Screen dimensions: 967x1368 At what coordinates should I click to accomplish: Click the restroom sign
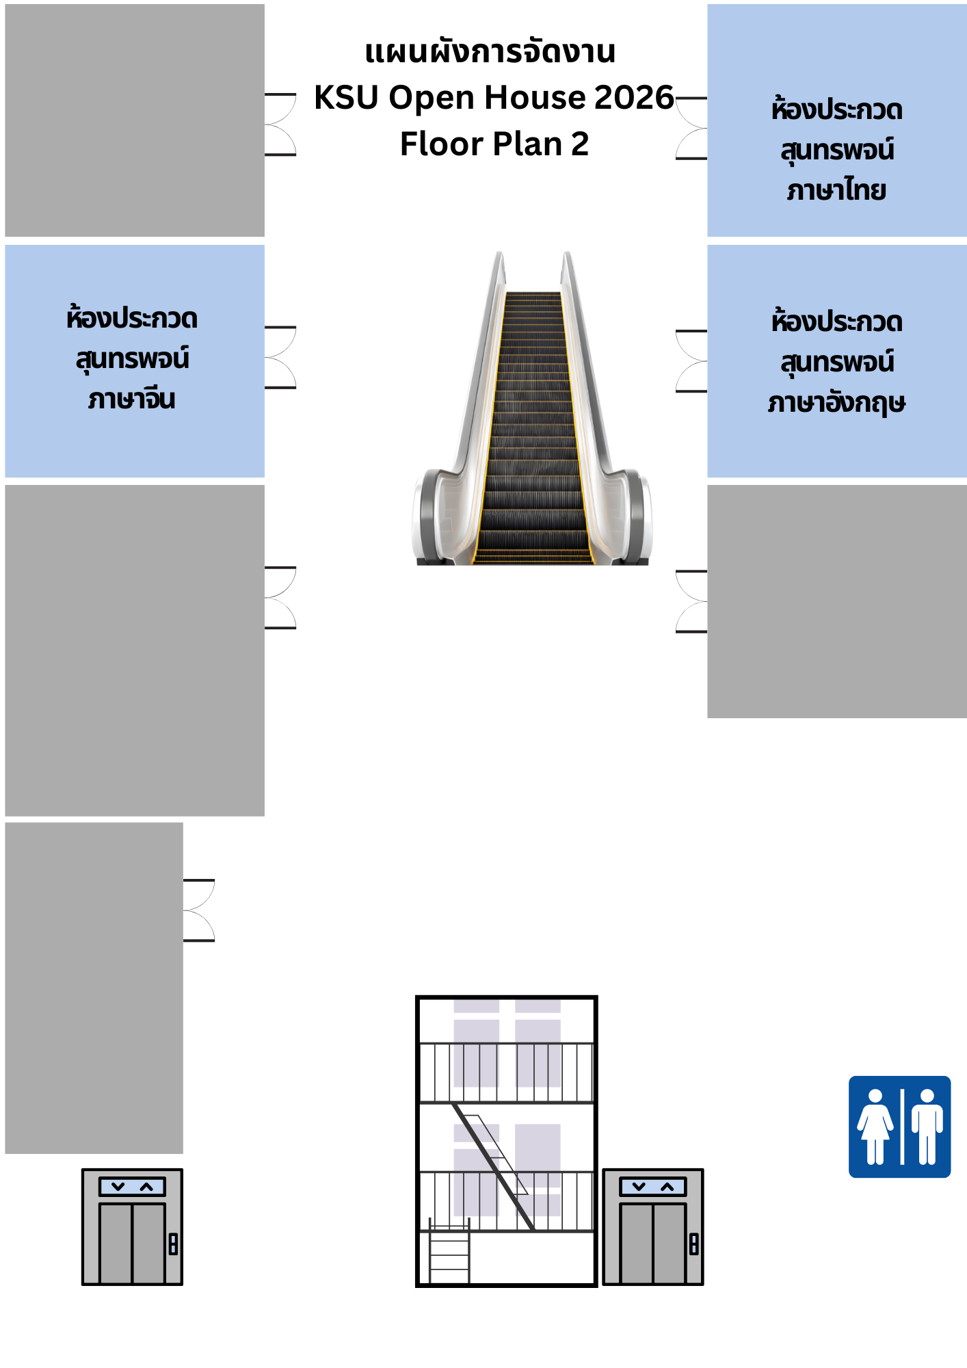[x=899, y=1127]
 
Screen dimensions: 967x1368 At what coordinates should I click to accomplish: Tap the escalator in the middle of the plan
[x=532, y=408]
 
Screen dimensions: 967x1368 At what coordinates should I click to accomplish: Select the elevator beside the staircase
[x=653, y=1227]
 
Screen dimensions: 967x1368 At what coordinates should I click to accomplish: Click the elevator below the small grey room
[x=132, y=1227]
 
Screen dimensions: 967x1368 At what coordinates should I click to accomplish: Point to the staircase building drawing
[x=507, y=1141]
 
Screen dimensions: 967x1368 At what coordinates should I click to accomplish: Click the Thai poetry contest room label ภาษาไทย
[x=836, y=190]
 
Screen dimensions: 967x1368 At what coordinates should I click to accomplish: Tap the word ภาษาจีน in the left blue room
[x=132, y=399]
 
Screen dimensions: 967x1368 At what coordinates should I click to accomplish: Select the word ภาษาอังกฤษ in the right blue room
[x=836, y=402]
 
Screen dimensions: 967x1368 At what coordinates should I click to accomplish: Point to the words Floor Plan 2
[x=494, y=144]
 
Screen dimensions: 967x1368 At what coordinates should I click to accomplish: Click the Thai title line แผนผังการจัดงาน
[x=490, y=51]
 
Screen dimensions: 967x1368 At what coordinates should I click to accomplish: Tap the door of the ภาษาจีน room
[x=280, y=357]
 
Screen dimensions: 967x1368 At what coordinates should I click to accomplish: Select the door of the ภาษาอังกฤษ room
[x=691, y=360]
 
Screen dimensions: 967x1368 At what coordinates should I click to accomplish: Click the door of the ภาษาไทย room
[x=691, y=128]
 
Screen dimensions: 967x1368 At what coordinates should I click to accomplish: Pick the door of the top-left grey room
[x=280, y=124]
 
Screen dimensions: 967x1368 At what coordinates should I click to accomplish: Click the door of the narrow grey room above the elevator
[x=199, y=910]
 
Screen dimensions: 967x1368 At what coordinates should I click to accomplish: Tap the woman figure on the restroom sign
[x=875, y=1127]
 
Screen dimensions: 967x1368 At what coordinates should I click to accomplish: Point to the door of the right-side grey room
[x=691, y=601]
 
